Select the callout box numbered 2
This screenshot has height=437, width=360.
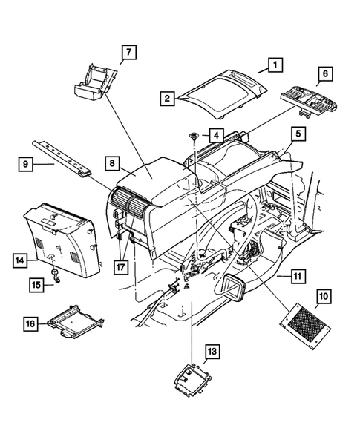(x=168, y=98)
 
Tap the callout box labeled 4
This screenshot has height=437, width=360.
(x=214, y=136)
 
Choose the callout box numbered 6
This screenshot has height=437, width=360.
(x=324, y=75)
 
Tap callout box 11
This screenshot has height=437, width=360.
(x=296, y=276)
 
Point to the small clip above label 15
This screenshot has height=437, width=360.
(x=56, y=274)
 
